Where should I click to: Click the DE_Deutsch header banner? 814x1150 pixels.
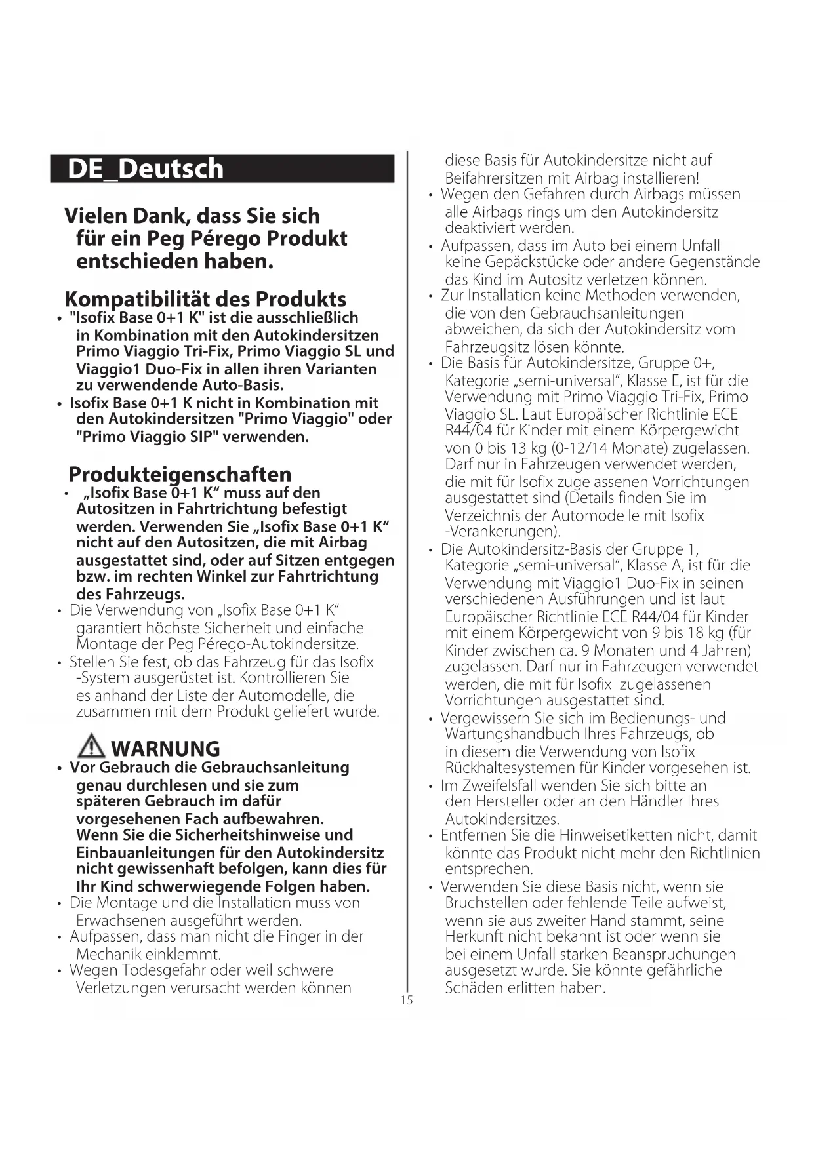point(222,169)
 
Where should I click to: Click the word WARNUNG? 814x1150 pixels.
point(166,749)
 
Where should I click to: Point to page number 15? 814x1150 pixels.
point(407,1000)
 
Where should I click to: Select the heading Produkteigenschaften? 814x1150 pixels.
point(180,474)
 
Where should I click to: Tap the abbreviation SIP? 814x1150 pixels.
point(200,437)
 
